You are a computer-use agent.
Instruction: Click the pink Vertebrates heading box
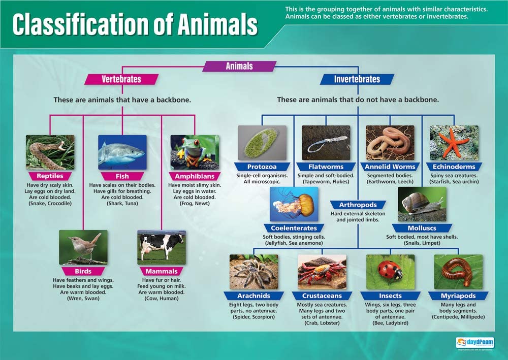click(121, 79)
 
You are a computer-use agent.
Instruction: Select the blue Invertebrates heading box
click(357, 79)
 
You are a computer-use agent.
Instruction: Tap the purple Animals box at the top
click(239, 66)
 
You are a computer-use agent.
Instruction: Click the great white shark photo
click(122, 152)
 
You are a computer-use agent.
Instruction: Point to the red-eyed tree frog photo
click(195, 152)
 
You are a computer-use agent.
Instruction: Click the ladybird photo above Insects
click(390, 272)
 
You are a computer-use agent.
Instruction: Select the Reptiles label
click(50, 176)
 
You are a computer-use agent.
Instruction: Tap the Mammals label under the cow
click(161, 271)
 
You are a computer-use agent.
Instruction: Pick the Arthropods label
click(358, 205)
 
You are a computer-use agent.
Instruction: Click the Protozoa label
click(262, 167)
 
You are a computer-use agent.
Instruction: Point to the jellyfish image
click(294, 204)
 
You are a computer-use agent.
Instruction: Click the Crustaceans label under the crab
click(322, 296)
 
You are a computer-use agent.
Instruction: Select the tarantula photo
click(253, 272)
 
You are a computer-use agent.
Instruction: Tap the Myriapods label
click(458, 296)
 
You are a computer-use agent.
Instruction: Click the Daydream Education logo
click(474, 342)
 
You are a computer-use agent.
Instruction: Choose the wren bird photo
click(83, 247)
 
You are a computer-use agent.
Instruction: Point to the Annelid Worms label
click(390, 167)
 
